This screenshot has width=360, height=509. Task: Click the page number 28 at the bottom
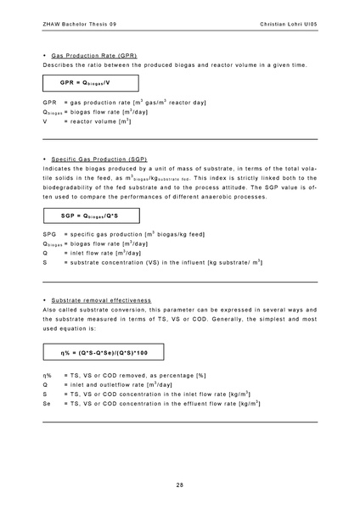click(x=180, y=484)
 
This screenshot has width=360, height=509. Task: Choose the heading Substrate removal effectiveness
click(x=101, y=300)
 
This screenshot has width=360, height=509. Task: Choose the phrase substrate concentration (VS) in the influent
click(x=143, y=263)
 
